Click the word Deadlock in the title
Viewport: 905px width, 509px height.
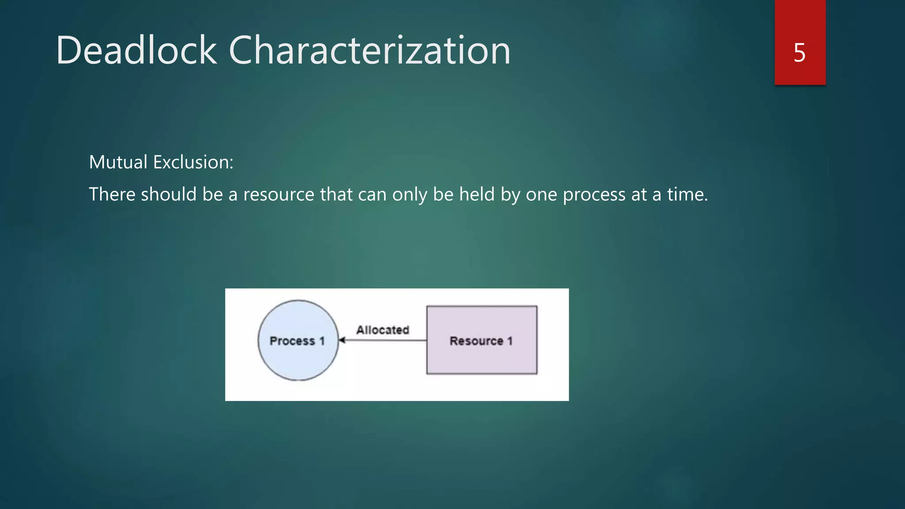tap(136, 50)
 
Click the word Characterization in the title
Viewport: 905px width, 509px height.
tap(369, 50)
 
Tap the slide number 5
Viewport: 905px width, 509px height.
tap(799, 53)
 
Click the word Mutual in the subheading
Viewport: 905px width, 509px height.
tap(118, 162)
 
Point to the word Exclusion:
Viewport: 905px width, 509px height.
tap(193, 162)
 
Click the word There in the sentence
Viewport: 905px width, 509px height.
tap(111, 194)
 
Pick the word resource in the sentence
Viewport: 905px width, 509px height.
tap(278, 194)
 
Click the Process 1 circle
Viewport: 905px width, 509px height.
tap(298, 362)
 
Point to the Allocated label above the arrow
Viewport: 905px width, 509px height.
tap(383, 330)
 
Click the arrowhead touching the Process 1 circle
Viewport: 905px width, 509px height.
tap(342, 340)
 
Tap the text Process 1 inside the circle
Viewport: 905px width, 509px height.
tap(297, 341)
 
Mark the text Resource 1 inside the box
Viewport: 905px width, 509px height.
tap(481, 341)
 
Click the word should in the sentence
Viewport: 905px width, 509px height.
tap(168, 194)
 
